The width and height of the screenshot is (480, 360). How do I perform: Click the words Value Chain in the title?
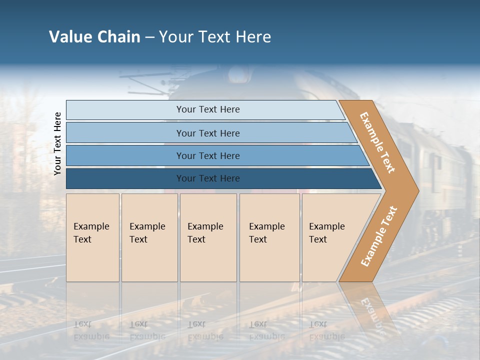pyautogui.click(x=94, y=37)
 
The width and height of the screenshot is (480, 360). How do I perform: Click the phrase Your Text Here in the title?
pyautogui.click(x=215, y=37)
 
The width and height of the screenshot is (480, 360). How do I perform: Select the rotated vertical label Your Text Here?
pyautogui.click(x=57, y=143)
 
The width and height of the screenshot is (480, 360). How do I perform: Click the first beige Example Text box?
pyautogui.click(x=92, y=237)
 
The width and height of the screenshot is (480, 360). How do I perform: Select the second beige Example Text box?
pyautogui.click(x=149, y=237)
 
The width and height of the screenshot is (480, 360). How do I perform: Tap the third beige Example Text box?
pyautogui.click(x=208, y=237)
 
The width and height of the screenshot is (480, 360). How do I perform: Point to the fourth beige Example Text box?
pyautogui.click(x=269, y=237)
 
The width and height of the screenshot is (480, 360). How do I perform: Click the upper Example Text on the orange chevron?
pyautogui.click(x=377, y=142)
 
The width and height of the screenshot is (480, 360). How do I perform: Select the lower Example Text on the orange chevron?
pyautogui.click(x=379, y=236)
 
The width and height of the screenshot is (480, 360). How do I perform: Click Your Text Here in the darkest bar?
pyautogui.click(x=208, y=178)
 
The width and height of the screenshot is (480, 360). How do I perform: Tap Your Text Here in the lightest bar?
pyautogui.click(x=208, y=109)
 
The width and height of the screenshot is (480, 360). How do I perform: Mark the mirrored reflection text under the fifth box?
pyautogui.click(x=326, y=330)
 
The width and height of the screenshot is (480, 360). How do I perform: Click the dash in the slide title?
pyautogui.click(x=149, y=37)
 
